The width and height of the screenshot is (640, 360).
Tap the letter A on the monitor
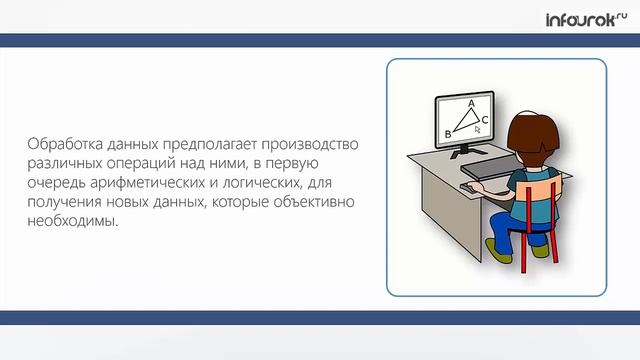tap(471, 103)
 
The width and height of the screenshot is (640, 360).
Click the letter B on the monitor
tap(447, 133)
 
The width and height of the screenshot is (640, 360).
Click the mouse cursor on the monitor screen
tap(478, 129)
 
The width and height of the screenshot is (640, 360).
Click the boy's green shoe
tap(540, 251)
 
